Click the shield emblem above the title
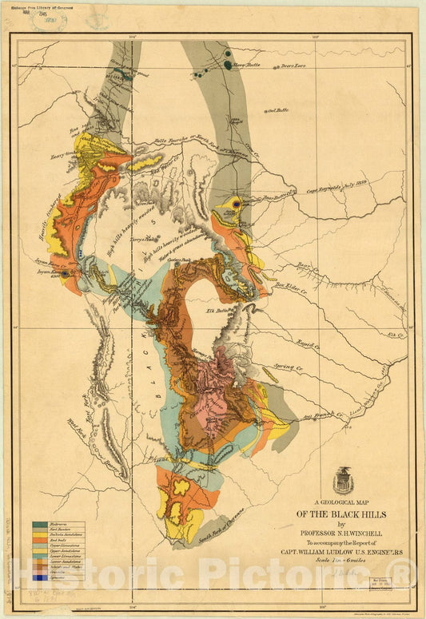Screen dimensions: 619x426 click(x=344, y=480)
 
